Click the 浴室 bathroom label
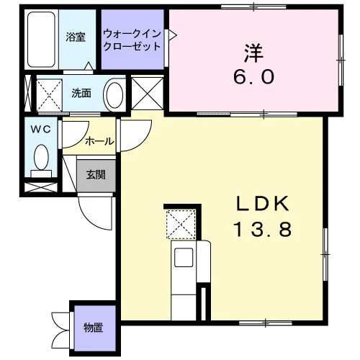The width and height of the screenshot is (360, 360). (76, 37)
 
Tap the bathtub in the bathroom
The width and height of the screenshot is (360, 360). (41, 40)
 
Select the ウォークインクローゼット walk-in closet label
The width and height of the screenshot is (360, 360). (132, 40)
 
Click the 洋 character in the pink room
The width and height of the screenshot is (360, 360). (254, 53)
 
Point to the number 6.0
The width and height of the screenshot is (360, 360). (254, 77)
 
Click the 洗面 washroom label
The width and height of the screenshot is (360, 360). (81, 94)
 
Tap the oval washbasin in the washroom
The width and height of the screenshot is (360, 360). (114, 95)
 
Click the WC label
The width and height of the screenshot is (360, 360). (41, 130)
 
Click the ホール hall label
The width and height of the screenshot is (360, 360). (99, 141)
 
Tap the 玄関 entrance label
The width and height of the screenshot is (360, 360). (96, 175)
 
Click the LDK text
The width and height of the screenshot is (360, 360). (263, 204)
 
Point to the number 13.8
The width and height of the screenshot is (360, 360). (263, 229)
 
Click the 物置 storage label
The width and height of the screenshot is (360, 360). (94, 328)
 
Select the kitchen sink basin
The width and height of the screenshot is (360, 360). (184, 258)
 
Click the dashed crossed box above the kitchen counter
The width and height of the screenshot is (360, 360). (181, 224)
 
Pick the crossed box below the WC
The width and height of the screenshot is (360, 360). (41, 187)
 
